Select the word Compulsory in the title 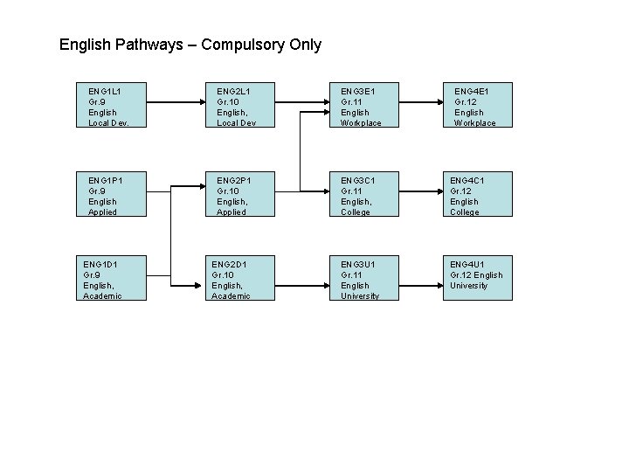tap(242, 45)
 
